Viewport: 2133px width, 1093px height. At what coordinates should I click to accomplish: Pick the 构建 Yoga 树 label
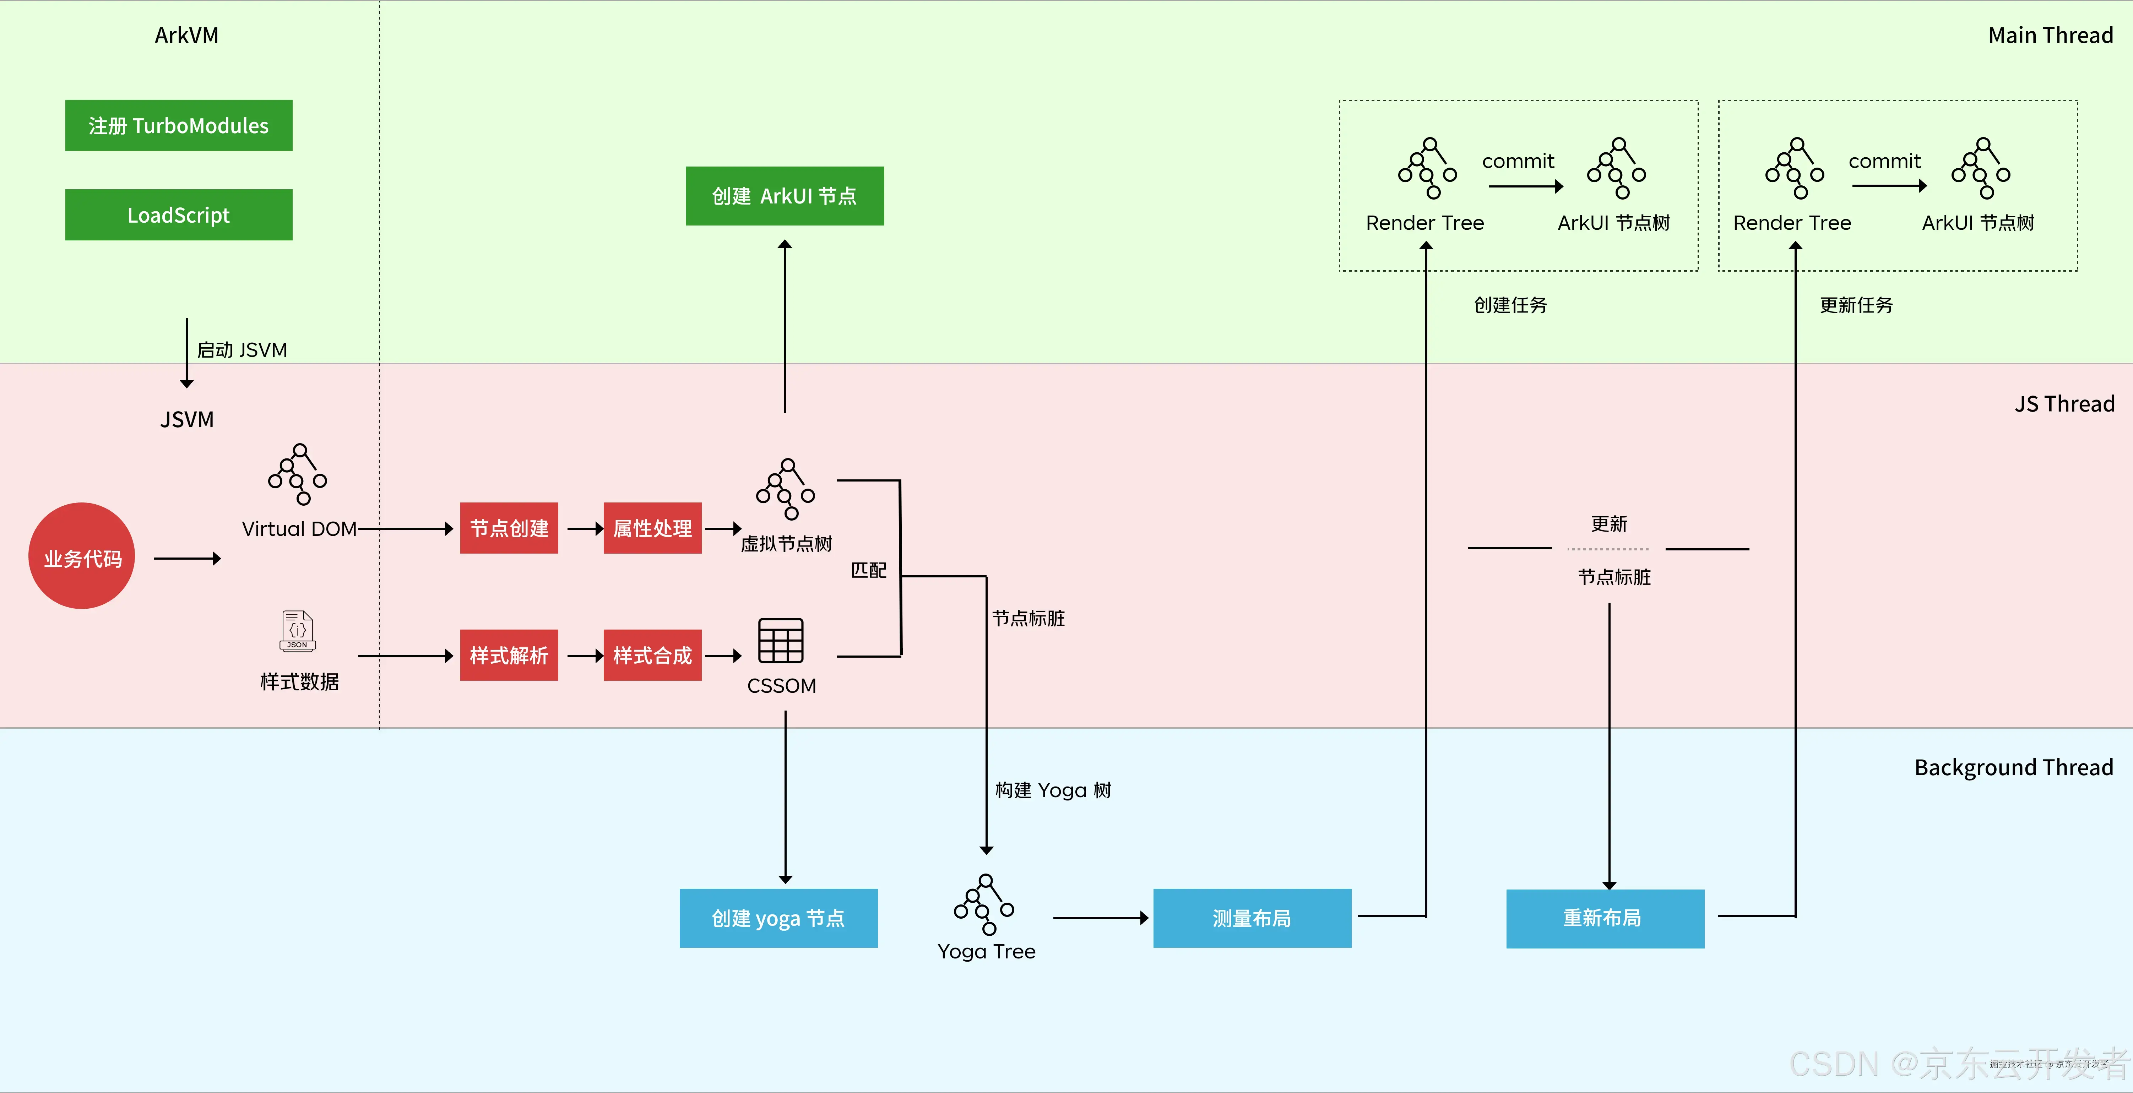coord(1052,790)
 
